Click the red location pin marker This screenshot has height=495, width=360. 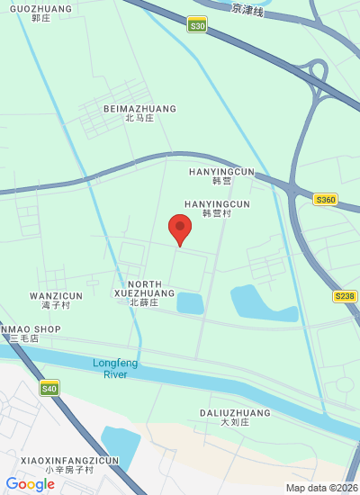180,228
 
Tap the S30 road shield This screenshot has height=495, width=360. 198,26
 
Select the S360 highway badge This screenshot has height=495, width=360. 325,200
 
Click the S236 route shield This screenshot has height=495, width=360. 344,296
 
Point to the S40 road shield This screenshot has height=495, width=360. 49,389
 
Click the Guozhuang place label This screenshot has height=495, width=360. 40,12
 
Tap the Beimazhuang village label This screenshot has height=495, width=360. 139,112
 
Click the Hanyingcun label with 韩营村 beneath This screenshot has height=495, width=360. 217,208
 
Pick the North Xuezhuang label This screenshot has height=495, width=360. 144,289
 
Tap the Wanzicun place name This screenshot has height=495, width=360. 56,300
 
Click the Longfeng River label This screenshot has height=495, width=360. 115,368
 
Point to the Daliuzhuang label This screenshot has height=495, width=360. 220,417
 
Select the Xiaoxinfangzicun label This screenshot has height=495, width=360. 69,464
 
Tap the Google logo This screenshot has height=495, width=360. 31,484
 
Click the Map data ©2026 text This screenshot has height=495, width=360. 321,488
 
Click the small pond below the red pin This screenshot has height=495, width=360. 190,302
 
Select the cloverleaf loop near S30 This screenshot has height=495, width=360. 316,70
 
